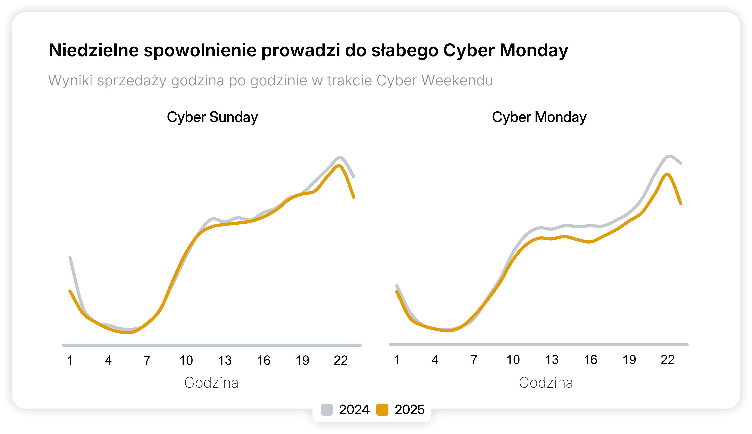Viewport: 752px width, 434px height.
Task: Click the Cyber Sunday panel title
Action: (x=212, y=117)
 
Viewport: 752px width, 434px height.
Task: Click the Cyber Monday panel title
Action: (x=539, y=117)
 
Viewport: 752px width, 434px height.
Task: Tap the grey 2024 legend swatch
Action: (x=327, y=410)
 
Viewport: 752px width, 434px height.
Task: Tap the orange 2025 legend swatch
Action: (x=382, y=410)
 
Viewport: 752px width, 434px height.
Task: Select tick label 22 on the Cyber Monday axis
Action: (x=667, y=360)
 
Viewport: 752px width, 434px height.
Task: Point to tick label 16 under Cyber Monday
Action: (x=590, y=360)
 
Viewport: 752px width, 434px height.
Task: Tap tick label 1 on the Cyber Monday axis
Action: (x=397, y=360)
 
